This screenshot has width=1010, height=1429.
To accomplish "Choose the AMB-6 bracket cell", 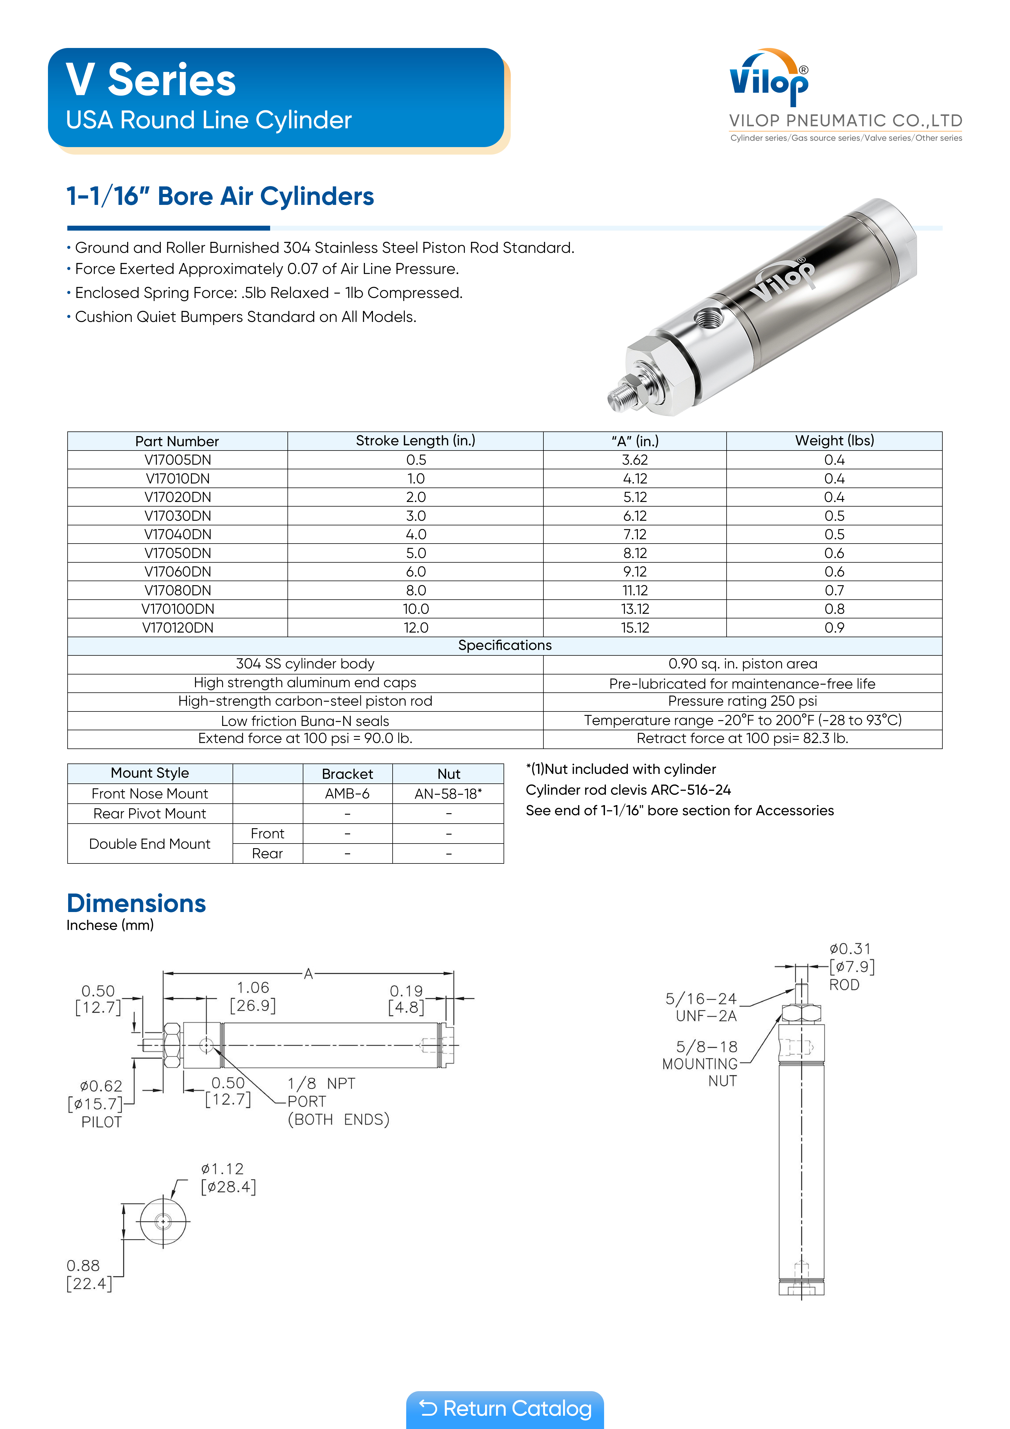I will pos(347,794).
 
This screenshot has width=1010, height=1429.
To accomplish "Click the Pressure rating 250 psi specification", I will pos(742,701).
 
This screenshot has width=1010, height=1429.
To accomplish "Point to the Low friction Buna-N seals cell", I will pos(305,721).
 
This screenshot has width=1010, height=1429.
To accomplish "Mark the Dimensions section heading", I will pos(136,903).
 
